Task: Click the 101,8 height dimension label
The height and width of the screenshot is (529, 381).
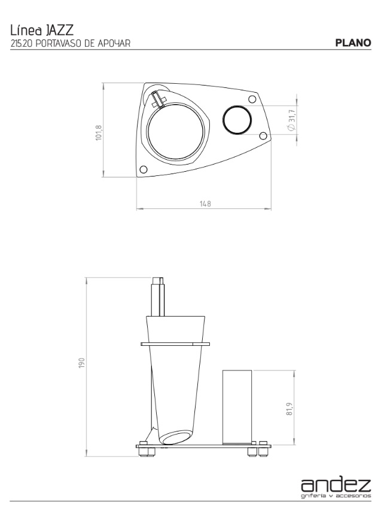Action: tap(99, 133)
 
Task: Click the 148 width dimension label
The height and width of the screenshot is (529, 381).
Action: tap(205, 204)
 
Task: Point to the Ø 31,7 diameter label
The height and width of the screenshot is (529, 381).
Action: tap(292, 120)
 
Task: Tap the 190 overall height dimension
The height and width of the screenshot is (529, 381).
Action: tap(82, 363)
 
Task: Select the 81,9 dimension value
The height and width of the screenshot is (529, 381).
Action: tap(289, 409)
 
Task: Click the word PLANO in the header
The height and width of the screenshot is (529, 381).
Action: tap(353, 43)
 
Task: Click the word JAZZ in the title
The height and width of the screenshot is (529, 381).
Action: tap(59, 31)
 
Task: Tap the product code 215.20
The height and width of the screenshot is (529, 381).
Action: tap(22, 44)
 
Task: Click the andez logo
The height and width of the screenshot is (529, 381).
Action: tap(336, 485)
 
